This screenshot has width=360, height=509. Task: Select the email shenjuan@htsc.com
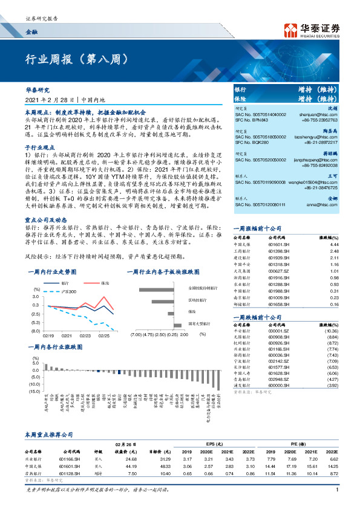pos(330,113)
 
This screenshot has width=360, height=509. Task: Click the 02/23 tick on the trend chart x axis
pos(85,334)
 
